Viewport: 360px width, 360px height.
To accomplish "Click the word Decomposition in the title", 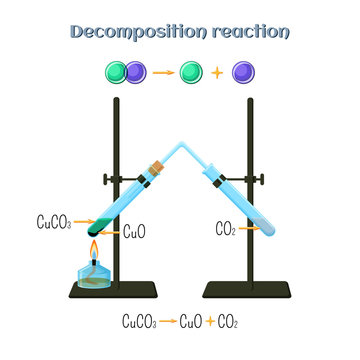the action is coord(136,30).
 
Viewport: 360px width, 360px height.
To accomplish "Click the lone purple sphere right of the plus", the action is coord(269,72).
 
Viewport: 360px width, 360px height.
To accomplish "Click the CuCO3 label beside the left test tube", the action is coord(52,221).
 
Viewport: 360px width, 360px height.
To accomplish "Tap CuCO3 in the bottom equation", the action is coord(140,323).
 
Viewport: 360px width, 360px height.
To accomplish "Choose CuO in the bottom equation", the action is coord(191,323).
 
